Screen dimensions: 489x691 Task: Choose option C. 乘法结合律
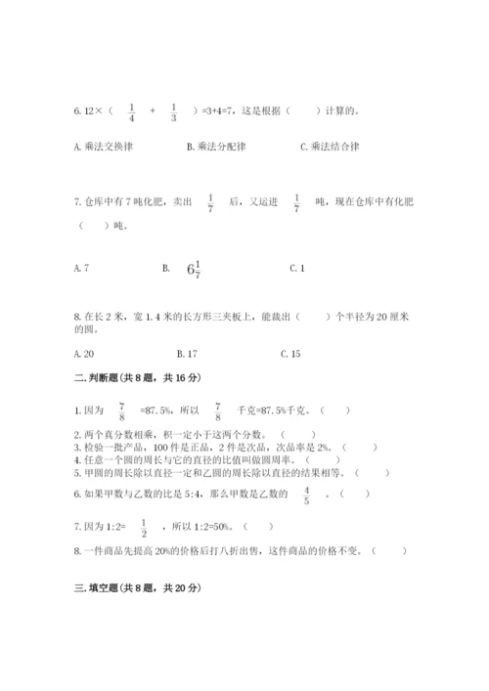[x=330, y=147]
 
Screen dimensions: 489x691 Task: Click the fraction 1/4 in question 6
[x=131, y=110]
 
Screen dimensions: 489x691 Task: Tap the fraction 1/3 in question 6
[x=173, y=110]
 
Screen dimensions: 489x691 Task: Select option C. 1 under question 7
[x=298, y=267]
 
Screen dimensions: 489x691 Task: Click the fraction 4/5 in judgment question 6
[x=306, y=496]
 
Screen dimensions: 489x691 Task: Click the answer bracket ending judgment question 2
[x=299, y=433]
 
